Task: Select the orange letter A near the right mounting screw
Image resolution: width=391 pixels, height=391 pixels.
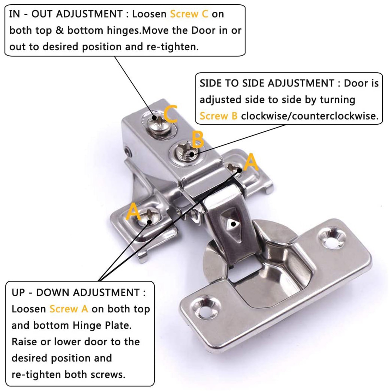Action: (251, 162)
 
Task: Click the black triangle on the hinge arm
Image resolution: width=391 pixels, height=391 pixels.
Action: (233, 224)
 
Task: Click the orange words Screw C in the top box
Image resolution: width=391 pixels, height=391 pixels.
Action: (189, 14)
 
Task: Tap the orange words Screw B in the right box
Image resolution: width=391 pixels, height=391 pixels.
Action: (218, 116)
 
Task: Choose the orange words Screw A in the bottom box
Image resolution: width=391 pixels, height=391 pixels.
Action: (69, 309)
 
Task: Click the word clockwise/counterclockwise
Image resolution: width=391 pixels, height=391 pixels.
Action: (309, 116)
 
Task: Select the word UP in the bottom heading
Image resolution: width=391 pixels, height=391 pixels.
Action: (18, 292)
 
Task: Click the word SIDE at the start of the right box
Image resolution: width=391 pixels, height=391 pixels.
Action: (211, 83)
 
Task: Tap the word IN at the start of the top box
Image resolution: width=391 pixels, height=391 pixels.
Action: (15, 14)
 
